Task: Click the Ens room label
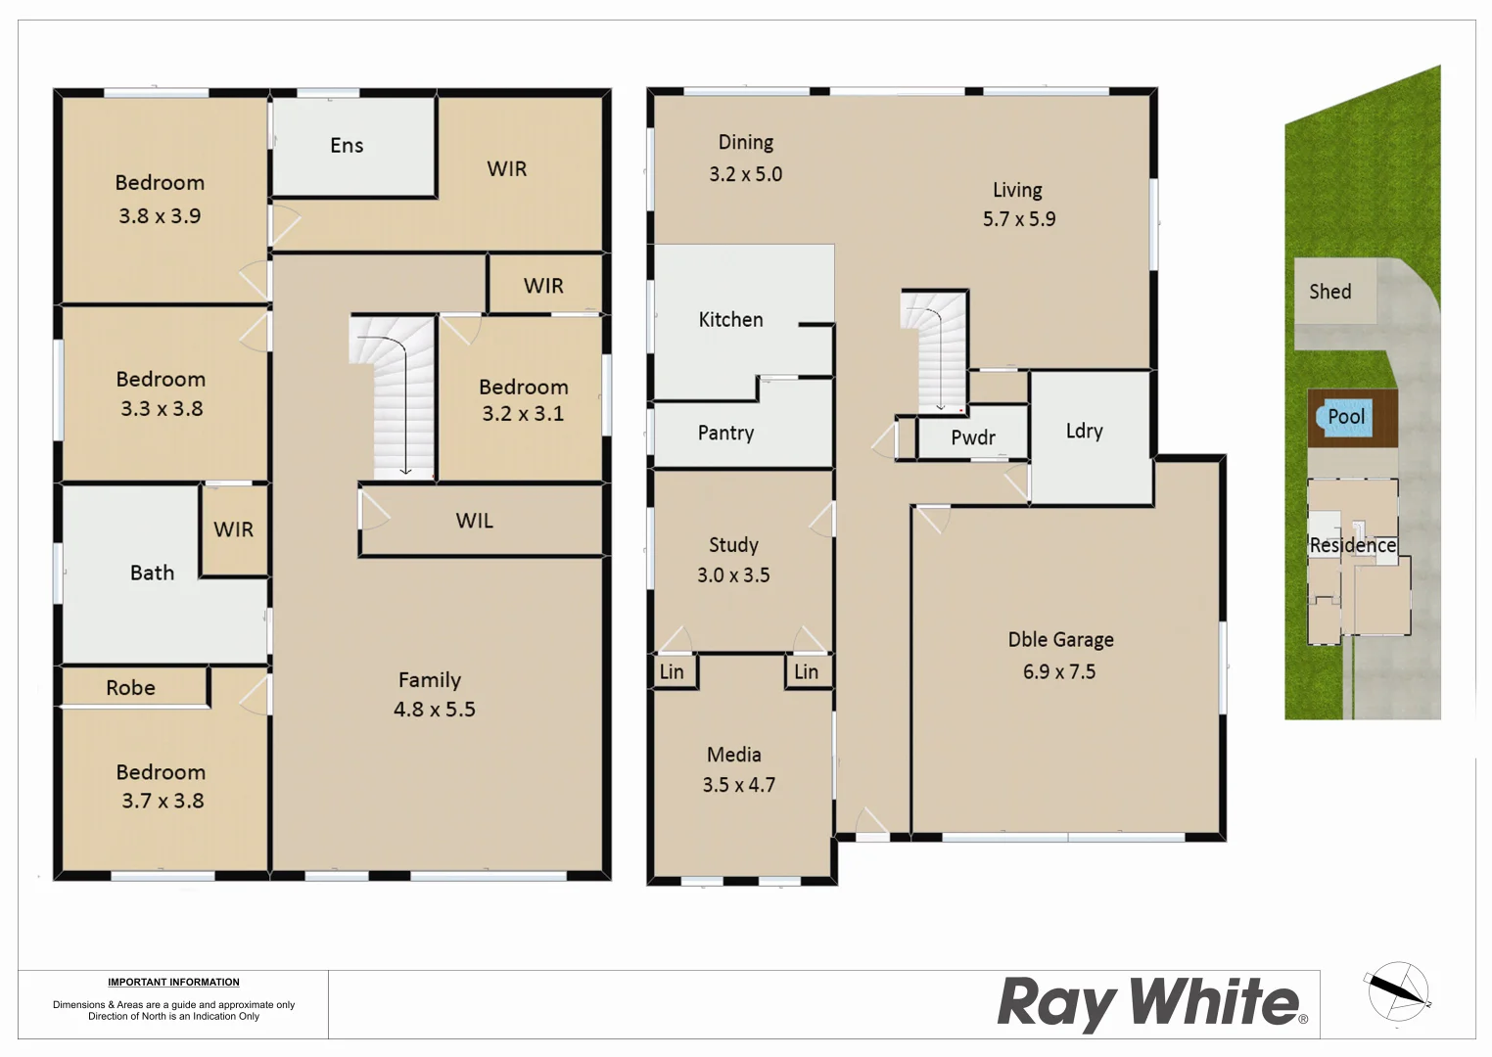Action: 347,146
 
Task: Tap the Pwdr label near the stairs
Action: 972,438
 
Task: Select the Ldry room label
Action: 1084,432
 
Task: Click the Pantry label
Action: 725,434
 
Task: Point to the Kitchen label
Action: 730,320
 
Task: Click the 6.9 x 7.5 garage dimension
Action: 1059,672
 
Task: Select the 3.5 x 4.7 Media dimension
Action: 738,785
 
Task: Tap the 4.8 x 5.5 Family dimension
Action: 434,710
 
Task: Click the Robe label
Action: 130,688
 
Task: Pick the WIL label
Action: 474,521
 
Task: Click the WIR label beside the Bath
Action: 233,529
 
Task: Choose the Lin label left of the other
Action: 672,672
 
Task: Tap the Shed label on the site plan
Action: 1329,292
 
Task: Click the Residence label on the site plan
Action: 1352,545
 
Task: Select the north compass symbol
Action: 1397,992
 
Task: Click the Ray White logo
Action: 1151,1003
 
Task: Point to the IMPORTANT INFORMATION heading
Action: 173,982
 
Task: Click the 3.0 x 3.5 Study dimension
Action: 733,575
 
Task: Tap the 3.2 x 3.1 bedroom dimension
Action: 522,414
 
